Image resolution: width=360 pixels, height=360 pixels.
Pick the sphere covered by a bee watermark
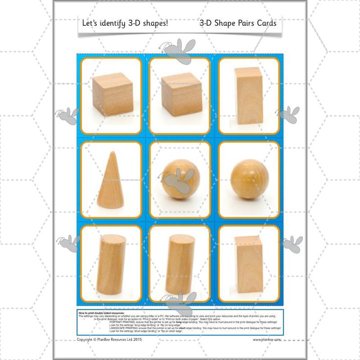point(180,179)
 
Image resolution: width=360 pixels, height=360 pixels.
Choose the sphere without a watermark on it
point(249,179)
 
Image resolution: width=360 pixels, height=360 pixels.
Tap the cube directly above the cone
point(112,93)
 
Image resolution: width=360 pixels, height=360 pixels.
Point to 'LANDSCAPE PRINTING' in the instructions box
point(125,328)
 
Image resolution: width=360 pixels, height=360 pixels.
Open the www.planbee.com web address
point(267,340)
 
